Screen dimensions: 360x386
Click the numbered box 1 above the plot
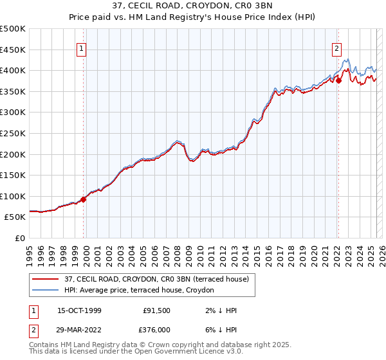click(x=83, y=47)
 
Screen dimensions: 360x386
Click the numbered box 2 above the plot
click(x=336, y=47)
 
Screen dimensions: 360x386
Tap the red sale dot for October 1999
click(x=84, y=199)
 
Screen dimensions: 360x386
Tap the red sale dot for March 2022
click(x=338, y=80)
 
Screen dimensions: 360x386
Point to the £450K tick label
click(x=13, y=50)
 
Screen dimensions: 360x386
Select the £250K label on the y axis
click(x=13, y=133)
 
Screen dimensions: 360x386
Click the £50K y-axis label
click(x=15, y=217)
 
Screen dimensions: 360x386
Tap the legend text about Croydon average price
click(x=141, y=291)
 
